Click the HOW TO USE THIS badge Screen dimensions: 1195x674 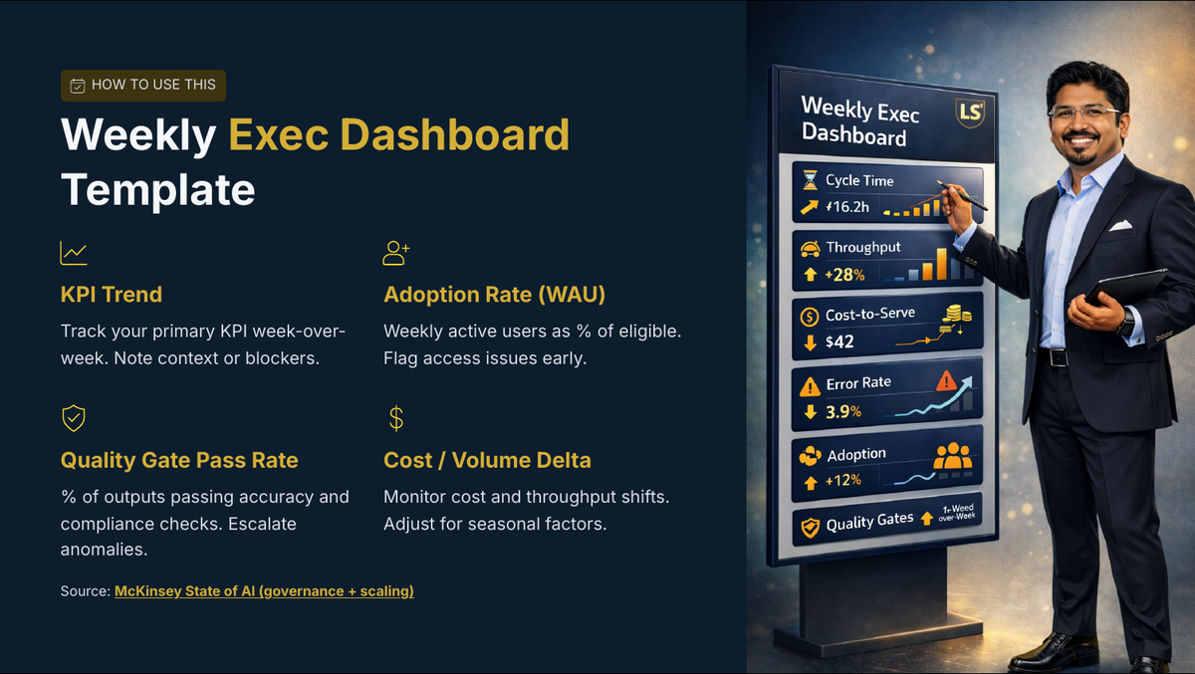coord(143,86)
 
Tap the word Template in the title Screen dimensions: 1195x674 coord(158,190)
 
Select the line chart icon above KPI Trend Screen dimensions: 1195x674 coord(74,253)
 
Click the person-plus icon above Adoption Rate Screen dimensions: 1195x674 coord(396,253)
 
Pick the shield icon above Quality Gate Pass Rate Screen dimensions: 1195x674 coord(74,418)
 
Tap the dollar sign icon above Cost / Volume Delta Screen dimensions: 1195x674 coord(396,418)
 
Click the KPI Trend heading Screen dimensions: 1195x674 coord(111,295)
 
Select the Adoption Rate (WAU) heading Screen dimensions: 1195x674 coord(495,295)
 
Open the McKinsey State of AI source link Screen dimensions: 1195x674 coord(264,591)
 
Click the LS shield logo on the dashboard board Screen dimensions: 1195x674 coord(970,112)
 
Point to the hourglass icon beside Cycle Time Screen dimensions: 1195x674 coord(810,180)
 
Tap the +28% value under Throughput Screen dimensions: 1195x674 coord(844,275)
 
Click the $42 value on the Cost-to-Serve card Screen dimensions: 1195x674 coord(839,341)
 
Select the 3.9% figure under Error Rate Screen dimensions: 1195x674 coord(843,411)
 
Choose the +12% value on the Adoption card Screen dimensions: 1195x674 coord(843,481)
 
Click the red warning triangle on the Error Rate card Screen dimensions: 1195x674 coord(946,380)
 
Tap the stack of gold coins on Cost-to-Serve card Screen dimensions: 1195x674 coord(956,317)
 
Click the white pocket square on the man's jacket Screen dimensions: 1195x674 coord(1120,226)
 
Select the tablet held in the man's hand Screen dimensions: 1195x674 coord(1125,287)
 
